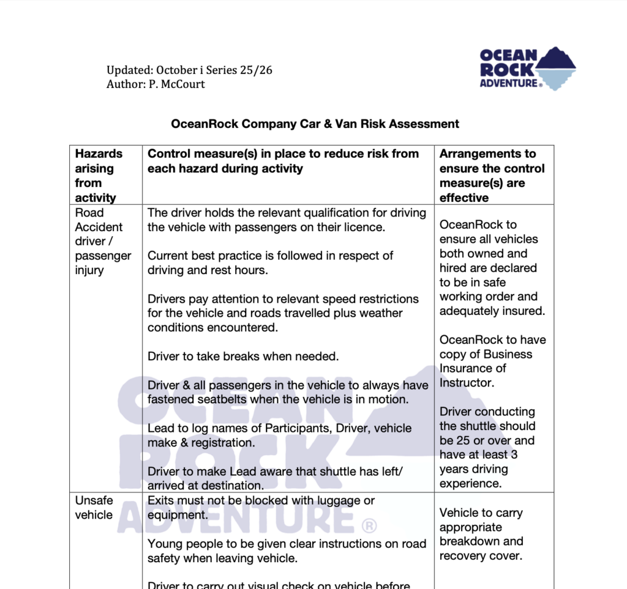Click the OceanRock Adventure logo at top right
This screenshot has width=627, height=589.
click(527, 69)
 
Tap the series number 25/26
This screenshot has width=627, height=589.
click(257, 70)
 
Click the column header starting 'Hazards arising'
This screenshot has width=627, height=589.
click(99, 176)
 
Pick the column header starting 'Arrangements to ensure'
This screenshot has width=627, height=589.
click(492, 176)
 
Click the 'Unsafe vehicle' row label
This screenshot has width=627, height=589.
click(94, 508)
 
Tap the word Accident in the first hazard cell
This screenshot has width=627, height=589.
click(99, 227)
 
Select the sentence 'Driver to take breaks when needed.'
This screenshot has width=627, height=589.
click(243, 357)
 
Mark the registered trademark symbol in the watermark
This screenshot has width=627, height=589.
click(369, 525)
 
